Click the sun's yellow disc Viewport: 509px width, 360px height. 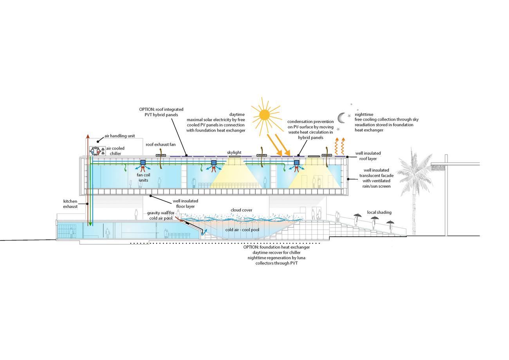265,114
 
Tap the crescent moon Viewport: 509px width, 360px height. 341,117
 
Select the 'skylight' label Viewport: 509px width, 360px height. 235,152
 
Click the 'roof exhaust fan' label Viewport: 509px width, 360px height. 163,145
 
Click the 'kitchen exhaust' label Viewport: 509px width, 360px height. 71,203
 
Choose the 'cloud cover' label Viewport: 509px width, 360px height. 242,210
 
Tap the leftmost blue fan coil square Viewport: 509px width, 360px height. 143,163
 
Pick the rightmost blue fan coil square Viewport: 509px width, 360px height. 296,163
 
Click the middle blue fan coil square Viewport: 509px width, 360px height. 214,163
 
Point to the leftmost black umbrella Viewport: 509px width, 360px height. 357,215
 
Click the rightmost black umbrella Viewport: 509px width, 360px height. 390,222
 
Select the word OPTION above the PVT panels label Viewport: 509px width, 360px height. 148,109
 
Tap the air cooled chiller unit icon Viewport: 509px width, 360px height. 96,151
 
